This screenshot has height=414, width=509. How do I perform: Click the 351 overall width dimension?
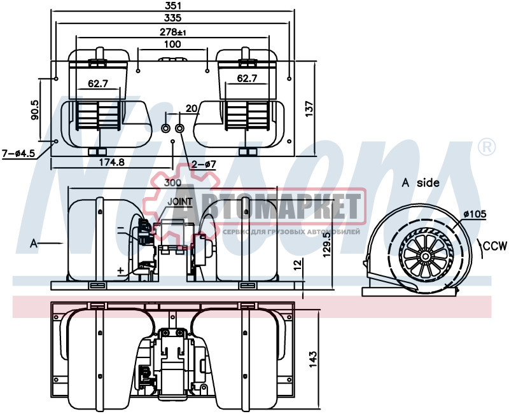172,6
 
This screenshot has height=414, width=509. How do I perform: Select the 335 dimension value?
172,18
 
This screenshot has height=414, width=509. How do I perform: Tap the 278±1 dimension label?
173,32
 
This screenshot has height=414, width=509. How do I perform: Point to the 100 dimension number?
172,44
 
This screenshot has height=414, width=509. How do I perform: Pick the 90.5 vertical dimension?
35,110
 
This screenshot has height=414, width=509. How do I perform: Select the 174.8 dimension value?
112,162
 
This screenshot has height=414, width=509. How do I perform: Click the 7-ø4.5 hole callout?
18,153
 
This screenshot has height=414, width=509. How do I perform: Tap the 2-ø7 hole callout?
204,164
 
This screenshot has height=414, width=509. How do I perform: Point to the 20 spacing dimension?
192,108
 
